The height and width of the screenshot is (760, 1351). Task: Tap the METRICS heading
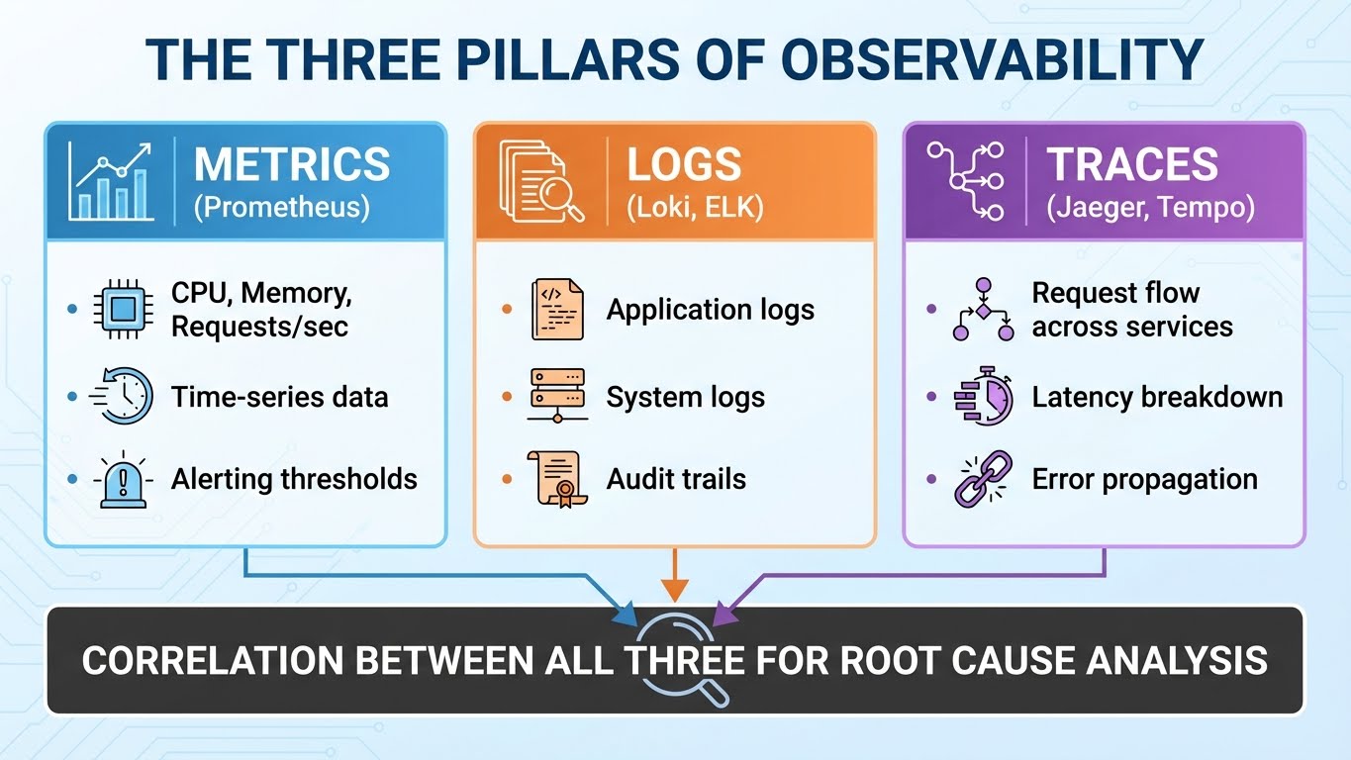(x=292, y=164)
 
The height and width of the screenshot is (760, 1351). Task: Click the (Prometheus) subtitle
(x=281, y=209)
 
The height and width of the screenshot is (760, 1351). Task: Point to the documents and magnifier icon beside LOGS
(x=540, y=180)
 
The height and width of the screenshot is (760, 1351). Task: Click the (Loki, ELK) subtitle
(x=695, y=209)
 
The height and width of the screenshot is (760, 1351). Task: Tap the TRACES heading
(x=1133, y=164)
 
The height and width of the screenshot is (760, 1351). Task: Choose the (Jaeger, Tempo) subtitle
(x=1151, y=209)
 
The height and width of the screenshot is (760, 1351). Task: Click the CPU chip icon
(x=122, y=310)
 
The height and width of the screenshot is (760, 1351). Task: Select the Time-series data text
(x=279, y=397)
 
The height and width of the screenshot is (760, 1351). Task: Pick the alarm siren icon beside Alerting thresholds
(x=123, y=480)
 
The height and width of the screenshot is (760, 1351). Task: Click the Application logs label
(x=711, y=310)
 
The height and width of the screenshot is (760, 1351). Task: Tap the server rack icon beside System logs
(x=557, y=396)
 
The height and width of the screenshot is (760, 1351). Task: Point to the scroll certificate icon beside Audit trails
(x=554, y=479)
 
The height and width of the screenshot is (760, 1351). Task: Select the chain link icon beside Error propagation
(x=983, y=479)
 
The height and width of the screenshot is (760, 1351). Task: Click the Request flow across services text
(x=1132, y=310)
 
